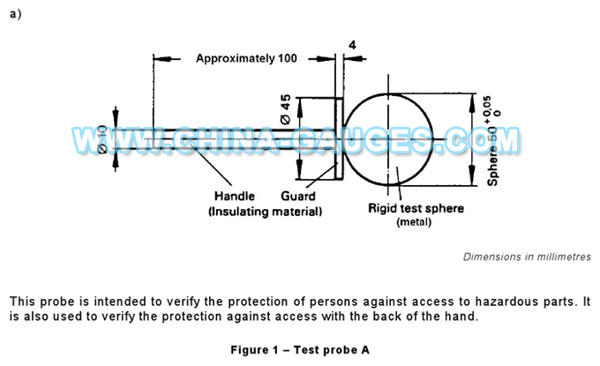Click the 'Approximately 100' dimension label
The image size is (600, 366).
pyautogui.click(x=245, y=58)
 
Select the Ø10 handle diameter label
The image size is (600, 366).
pyautogui.click(x=104, y=139)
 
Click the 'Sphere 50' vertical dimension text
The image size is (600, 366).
pyautogui.click(x=494, y=151)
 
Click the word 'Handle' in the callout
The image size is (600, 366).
pyautogui.click(x=234, y=196)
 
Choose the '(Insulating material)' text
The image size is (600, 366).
pyautogui.click(x=265, y=212)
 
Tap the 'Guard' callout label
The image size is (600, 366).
pyautogui.click(x=299, y=196)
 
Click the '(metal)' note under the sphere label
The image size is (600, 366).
pyautogui.click(x=416, y=222)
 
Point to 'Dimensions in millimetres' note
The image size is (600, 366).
pyautogui.click(x=526, y=257)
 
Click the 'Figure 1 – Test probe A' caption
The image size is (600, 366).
pyautogui.click(x=300, y=349)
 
